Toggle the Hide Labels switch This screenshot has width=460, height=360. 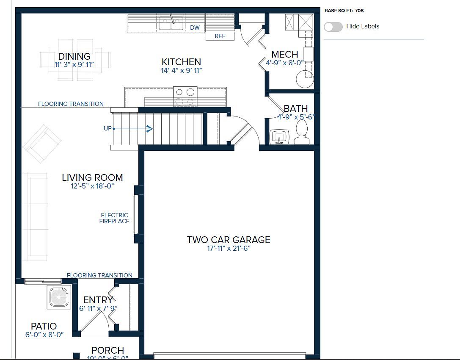click(333, 27)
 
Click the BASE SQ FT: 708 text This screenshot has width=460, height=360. click(344, 11)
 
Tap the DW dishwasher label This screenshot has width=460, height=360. click(195, 28)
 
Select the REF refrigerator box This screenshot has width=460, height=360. click(220, 36)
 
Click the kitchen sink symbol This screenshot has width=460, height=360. click(171, 23)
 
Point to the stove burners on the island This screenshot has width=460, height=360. click(185, 96)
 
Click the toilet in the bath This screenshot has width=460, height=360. click(301, 131)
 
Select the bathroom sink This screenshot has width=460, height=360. click(279, 137)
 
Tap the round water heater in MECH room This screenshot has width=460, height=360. click(304, 79)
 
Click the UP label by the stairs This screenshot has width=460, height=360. click(107, 128)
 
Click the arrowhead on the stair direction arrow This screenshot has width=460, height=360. click(149, 128)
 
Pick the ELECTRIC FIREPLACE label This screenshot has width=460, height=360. click(114, 218)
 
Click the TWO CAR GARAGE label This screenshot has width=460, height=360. click(229, 240)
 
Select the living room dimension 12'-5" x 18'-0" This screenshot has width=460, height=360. click(92, 186)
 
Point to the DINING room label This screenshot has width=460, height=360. click(74, 56)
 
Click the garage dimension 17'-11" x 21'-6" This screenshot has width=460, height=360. click(229, 249)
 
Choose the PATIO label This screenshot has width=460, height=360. click(44, 326)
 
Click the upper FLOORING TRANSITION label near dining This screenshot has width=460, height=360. click(71, 104)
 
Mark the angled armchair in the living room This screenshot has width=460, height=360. click(42, 143)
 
